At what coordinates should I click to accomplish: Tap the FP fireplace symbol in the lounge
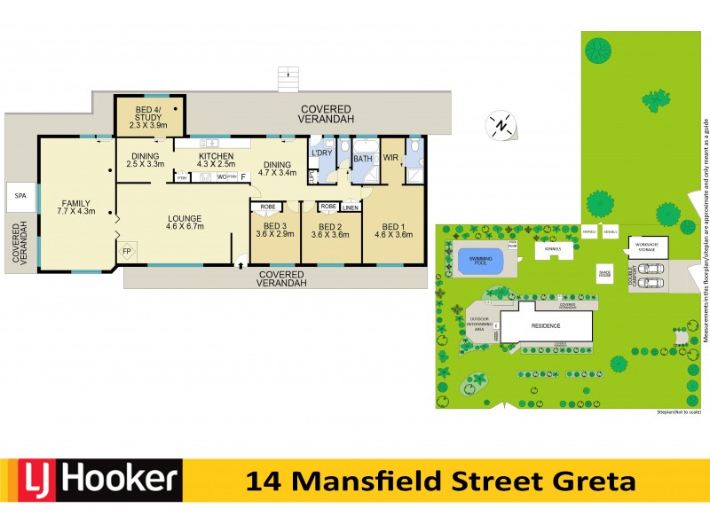click(x=128, y=251)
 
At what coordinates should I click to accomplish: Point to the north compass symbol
click(x=501, y=126)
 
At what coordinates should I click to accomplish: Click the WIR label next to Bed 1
click(x=390, y=159)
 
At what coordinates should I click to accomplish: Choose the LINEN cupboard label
click(x=350, y=208)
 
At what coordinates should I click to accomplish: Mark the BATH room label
click(x=363, y=159)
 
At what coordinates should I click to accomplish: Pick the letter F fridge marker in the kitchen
click(x=243, y=176)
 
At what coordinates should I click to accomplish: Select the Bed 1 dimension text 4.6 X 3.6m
click(x=392, y=235)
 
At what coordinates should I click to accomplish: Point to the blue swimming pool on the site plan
click(x=480, y=262)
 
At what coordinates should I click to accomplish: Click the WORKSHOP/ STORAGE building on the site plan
click(x=645, y=246)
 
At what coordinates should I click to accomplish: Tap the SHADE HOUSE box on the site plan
click(x=605, y=274)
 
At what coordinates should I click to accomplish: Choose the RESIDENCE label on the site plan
click(x=546, y=325)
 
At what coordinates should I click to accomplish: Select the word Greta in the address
click(x=596, y=481)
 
